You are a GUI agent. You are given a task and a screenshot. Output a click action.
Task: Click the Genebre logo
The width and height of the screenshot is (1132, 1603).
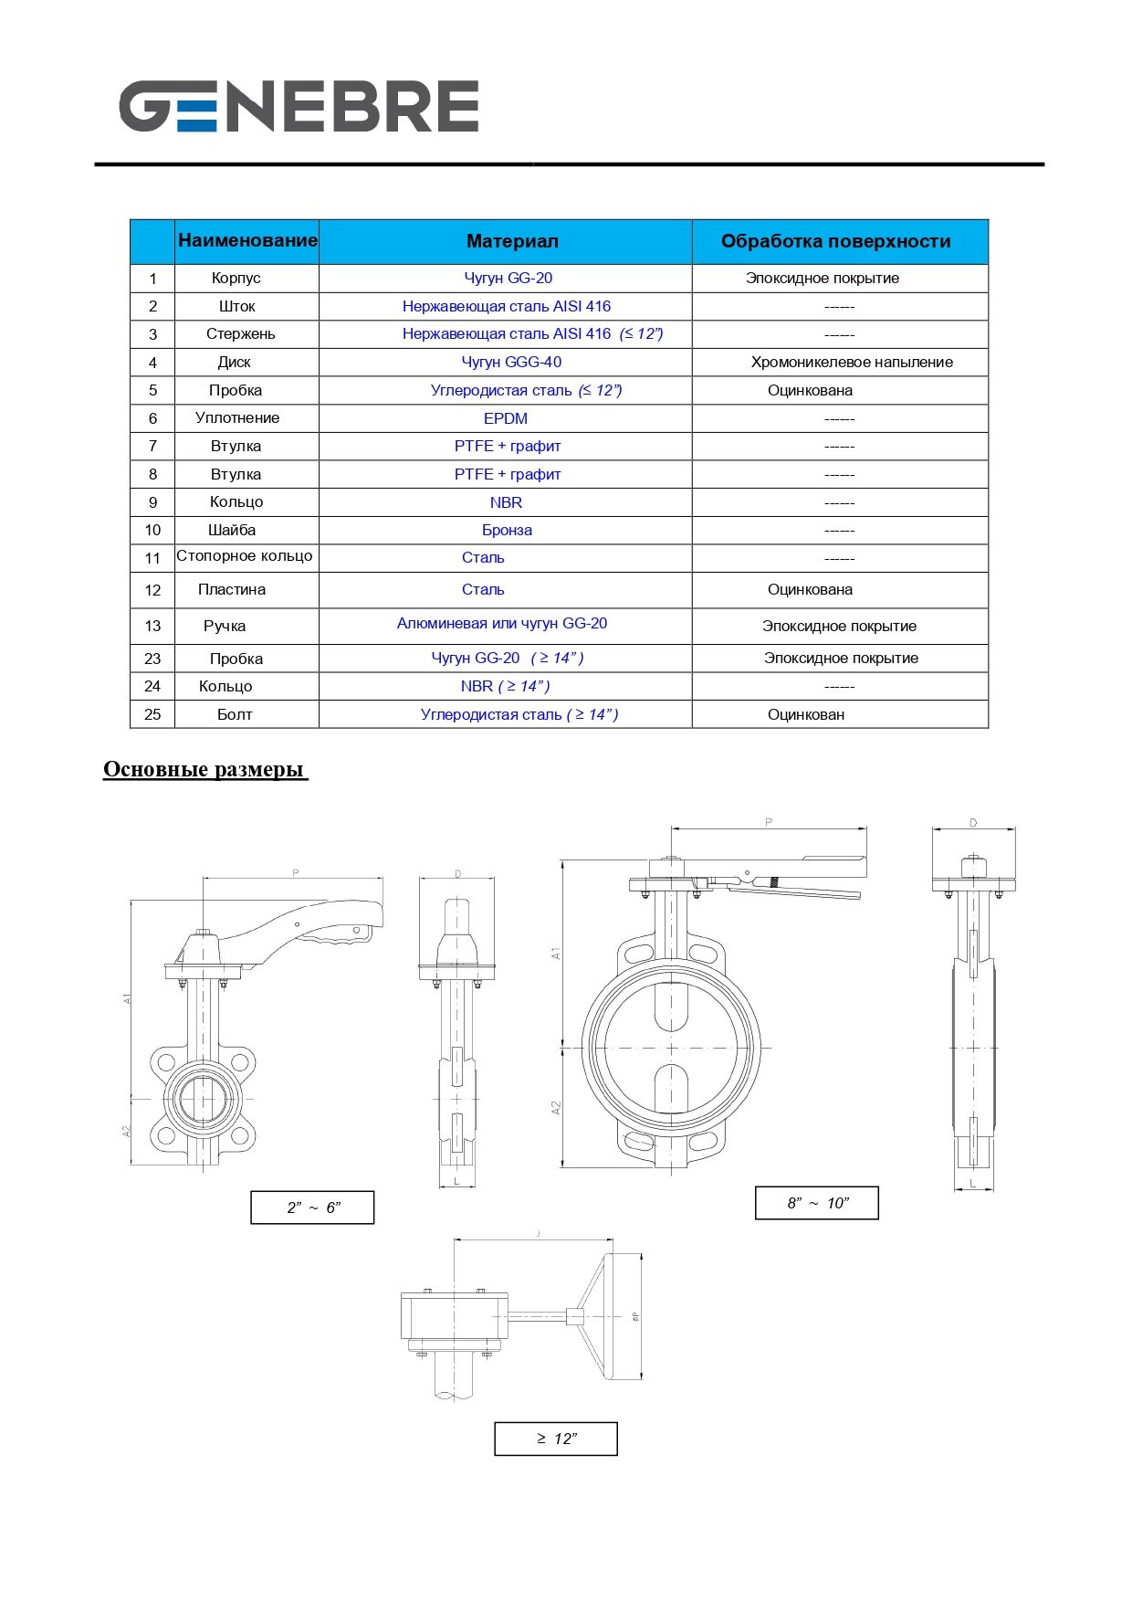299,106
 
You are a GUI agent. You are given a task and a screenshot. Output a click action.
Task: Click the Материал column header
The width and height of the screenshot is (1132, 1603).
512,241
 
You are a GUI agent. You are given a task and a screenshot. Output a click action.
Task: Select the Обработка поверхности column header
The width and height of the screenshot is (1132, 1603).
835,241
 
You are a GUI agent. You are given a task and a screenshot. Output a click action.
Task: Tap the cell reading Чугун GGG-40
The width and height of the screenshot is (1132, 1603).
511,362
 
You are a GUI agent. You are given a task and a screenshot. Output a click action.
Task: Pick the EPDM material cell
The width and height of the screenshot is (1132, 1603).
506,418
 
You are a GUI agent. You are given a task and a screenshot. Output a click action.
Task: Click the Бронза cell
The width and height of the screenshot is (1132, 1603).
507,530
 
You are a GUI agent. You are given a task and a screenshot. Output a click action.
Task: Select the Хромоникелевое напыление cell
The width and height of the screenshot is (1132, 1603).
852,362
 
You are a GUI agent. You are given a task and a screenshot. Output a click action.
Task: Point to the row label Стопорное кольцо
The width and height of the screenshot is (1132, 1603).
244,556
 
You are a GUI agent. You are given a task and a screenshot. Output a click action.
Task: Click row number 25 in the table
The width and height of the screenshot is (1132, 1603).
152,714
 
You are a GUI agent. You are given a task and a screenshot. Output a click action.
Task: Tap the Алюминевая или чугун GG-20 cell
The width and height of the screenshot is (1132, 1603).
502,624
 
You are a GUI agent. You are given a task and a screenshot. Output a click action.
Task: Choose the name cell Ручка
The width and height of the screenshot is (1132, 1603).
225,626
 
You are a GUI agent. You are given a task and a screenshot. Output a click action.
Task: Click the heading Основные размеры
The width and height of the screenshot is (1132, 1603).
204,769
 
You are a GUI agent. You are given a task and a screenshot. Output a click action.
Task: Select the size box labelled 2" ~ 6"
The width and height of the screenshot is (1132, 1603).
312,1208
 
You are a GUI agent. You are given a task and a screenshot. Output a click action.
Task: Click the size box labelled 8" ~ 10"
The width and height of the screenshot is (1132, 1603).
817,1203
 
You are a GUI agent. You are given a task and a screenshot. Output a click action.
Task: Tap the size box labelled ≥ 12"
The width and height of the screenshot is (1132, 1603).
556,1439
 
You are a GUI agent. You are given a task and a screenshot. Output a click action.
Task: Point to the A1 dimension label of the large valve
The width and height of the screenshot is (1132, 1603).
555,953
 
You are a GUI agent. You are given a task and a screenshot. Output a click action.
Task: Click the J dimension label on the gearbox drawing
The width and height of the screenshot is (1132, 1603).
539,1235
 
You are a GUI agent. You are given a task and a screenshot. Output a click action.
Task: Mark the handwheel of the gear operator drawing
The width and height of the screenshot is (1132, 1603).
621,1315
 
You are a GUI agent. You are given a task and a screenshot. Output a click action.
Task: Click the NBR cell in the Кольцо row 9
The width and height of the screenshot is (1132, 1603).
506,502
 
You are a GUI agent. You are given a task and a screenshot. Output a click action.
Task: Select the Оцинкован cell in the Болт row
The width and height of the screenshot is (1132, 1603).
806,714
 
